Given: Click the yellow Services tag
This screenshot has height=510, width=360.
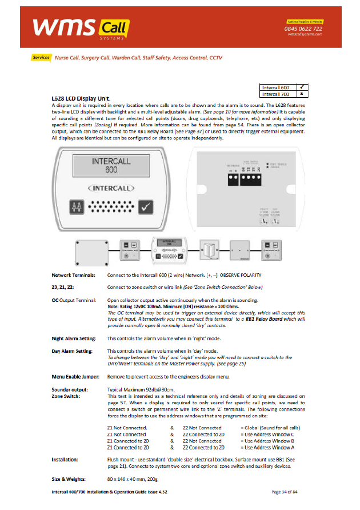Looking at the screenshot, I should pos(42,58).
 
